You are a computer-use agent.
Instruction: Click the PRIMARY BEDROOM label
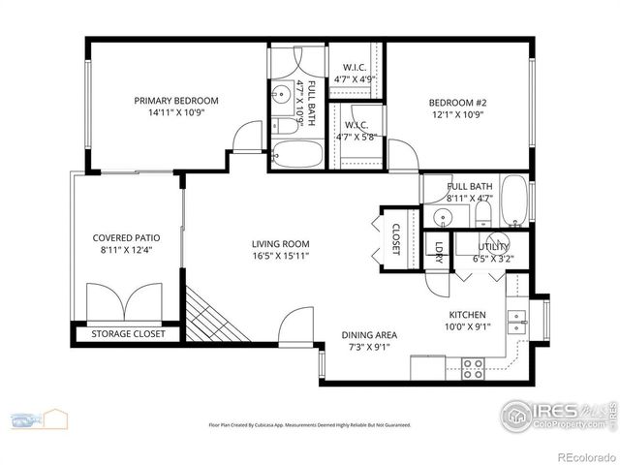[175, 100]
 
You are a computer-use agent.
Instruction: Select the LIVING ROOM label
[280, 244]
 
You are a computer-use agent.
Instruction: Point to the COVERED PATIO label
[126, 237]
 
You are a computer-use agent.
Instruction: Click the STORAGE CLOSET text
[128, 334]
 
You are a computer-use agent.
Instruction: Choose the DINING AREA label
[369, 335]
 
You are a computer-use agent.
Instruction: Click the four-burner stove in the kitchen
[473, 368]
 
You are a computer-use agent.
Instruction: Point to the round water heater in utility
[499, 243]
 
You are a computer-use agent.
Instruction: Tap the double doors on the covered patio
[126, 300]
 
